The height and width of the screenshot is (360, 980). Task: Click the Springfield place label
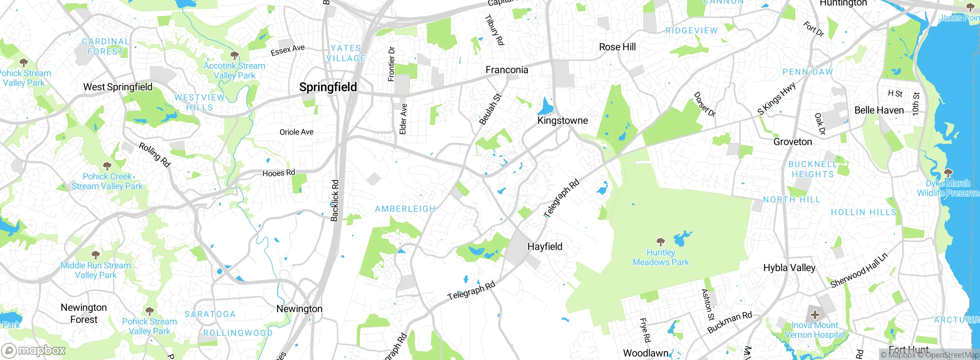[328, 87]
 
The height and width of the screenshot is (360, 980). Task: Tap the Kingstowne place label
[562, 121]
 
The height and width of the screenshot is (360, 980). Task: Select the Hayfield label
[545, 247]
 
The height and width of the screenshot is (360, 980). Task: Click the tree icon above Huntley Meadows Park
[660, 242]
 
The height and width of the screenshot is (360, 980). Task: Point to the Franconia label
[506, 70]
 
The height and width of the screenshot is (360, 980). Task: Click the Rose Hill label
[617, 47]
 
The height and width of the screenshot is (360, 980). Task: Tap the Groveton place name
[792, 142]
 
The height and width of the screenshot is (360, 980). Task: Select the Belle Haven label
[879, 110]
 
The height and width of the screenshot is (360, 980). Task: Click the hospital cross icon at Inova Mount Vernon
[815, 315]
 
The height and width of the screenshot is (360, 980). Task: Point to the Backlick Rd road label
[335, 200]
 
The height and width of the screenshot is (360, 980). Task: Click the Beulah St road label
[490, 109]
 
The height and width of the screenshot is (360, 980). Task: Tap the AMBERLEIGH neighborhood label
[405, 209]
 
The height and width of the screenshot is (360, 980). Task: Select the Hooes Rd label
[279, 173]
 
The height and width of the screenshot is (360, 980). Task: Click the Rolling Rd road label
[154, 155]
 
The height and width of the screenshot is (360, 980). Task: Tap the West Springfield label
[118, 87]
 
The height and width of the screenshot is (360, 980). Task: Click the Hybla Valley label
[789, 268]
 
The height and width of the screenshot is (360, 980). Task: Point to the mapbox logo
[34, 350]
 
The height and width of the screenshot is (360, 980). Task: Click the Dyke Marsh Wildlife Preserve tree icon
[948, 173]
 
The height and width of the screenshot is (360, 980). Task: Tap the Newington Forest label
[84, 313]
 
